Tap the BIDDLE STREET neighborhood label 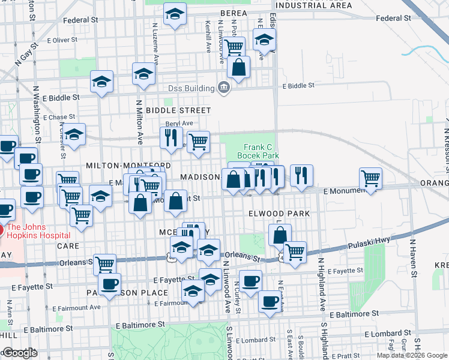(x=178, y=110)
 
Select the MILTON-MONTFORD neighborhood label (x=128, y=165)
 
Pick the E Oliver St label (x=62, y=40)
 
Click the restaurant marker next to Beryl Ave (x=171, y=137)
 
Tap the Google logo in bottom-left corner (x=19, y=353)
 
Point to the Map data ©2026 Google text (x=412, y=355)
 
